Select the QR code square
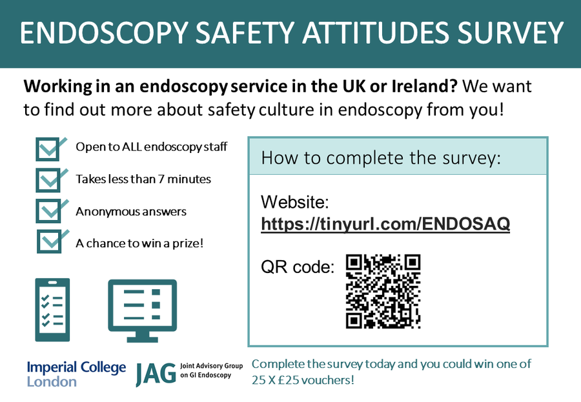tap(383, 291)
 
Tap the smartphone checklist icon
tap(52, 309)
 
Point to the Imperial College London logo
tap(76, 374)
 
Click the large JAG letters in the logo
tap(155, 374)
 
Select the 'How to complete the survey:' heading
tap(381, 158)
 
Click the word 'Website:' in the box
tap(295, 203)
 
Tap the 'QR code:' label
tap(298, 266)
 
